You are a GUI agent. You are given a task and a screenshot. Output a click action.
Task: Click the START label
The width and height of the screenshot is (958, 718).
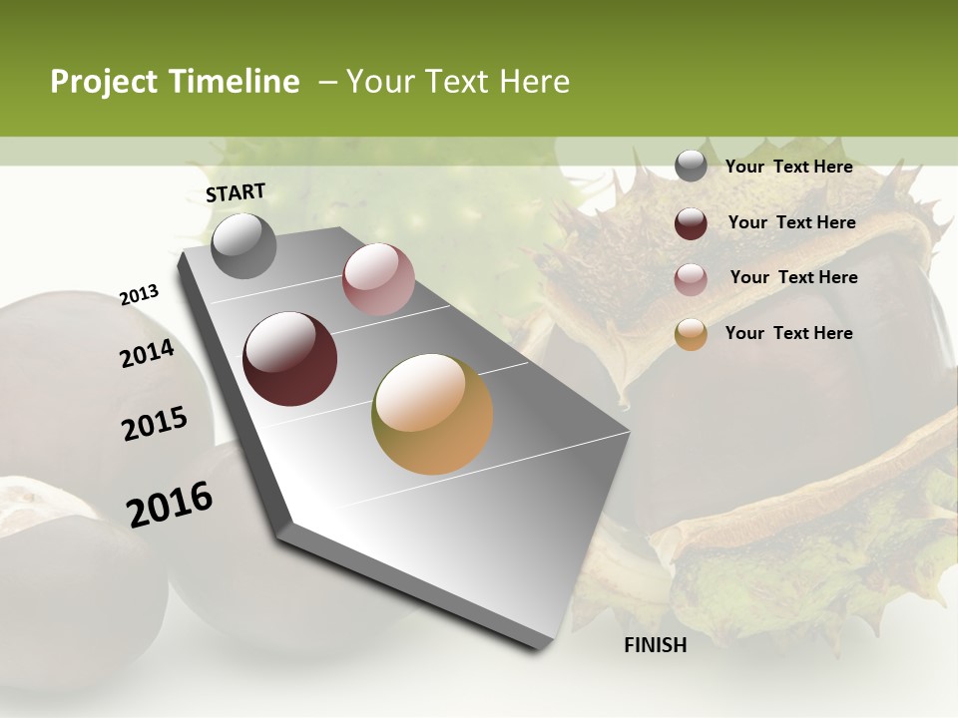(236, 192)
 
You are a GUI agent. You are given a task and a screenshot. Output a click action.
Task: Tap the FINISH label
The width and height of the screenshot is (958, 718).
(656, 645)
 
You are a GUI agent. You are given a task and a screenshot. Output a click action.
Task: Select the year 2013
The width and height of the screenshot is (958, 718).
(139, 295)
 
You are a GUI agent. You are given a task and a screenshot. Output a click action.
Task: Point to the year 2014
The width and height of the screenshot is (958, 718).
(147, 354)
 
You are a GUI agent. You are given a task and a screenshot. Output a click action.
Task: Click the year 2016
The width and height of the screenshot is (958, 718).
(170, 505)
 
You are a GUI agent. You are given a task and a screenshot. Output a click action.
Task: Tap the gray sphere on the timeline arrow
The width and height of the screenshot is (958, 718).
(243, 245)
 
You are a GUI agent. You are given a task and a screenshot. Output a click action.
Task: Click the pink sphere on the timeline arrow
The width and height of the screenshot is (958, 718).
(378, 279)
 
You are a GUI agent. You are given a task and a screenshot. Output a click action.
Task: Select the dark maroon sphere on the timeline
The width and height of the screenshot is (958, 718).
(289, 359)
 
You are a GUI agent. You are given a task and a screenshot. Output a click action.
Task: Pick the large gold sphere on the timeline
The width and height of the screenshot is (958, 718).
(432, 414)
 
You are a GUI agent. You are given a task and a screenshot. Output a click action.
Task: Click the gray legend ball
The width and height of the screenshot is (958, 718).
(691, 167)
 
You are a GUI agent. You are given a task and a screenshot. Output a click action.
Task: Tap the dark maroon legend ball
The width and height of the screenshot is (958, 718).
(691, 223)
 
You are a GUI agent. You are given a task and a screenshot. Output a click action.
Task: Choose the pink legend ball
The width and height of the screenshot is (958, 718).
(691, 279)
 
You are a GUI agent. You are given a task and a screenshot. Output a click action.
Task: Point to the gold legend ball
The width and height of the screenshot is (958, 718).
(691, 334)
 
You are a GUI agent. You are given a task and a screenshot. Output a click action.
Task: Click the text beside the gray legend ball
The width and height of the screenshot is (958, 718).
(788, 167)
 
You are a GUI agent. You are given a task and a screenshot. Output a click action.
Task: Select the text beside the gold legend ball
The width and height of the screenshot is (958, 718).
(788, 333)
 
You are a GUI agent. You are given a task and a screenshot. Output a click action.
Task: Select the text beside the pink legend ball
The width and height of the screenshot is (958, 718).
(793, 277)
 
